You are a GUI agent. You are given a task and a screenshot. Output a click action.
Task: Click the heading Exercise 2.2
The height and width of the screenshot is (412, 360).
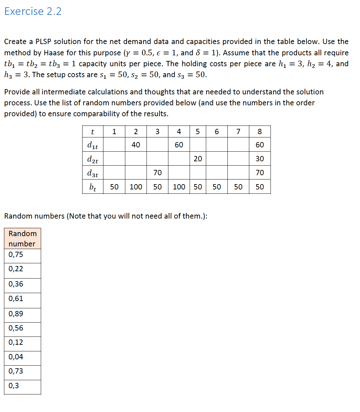[33, 11]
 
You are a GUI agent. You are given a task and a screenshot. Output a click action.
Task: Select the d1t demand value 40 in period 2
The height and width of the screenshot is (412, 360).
[136, 145]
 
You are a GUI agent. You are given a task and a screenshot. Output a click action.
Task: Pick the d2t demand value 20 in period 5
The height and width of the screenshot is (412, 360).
[198, 159]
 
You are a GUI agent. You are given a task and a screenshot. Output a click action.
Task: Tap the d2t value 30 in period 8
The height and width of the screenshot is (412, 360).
[260, 159]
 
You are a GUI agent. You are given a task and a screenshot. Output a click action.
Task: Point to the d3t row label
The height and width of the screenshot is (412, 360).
[92, 173]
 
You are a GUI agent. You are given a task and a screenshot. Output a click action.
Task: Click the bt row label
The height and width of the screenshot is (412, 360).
[92, 187]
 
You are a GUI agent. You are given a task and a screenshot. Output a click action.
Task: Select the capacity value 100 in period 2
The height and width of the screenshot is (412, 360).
[136, 187]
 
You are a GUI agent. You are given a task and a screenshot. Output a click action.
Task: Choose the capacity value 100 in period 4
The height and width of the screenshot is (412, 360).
[179, 187]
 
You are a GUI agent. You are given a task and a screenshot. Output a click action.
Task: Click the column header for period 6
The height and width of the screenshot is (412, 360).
[216, 131]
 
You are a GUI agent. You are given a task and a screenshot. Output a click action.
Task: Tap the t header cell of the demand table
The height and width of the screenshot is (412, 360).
[92, 132]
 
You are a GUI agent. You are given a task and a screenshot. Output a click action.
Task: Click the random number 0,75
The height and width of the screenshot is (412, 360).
[16, 255]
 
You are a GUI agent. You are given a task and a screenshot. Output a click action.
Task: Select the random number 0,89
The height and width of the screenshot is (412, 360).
[16, 314]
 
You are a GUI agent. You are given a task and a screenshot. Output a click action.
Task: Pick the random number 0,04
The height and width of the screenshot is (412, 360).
[16, 357]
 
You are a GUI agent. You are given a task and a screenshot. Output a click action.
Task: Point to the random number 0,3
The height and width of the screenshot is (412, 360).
[14, 386]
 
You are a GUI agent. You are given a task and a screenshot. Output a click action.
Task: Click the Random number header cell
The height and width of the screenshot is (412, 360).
[22, 238]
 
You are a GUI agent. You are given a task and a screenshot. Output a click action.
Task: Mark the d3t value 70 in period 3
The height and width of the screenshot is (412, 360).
[157, 173]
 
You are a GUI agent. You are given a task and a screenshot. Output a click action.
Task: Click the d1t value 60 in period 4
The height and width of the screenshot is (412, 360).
[179, 145]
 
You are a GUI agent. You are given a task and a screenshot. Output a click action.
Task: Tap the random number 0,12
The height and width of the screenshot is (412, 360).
[16, 342]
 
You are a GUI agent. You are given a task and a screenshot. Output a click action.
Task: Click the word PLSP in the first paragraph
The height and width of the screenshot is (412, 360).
[43, 42]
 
